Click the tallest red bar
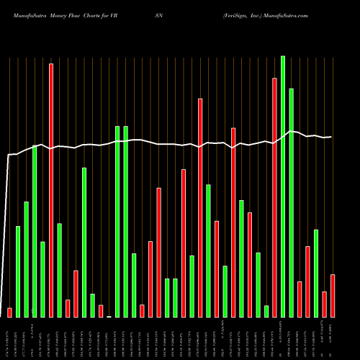[x=51, y=190]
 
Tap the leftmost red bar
[x=10, y=312]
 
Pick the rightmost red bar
[x=333, y=295]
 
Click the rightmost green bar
[x=316, y=273]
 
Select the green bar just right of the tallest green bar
[x=292, y=202]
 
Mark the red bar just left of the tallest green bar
[x=274, y=197]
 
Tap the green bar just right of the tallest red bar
[x=60, y=270]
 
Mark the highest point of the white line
[x=291, y=131]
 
